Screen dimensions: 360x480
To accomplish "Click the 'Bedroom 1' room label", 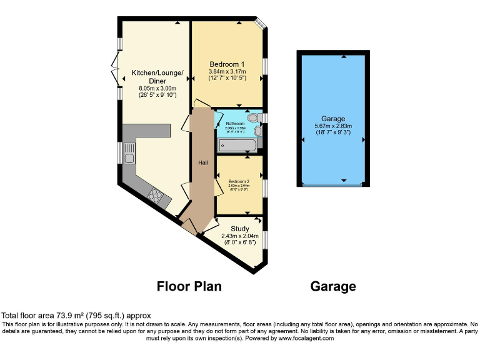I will click(226, 64).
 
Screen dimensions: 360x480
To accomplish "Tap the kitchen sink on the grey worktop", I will click(129, 153).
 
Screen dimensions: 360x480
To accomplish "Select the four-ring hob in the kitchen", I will click(155, 196).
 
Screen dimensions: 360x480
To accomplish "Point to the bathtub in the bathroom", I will click(236, 146).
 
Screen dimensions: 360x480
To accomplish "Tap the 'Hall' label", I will click(203, 162).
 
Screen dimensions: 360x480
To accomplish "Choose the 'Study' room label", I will click(239, 228).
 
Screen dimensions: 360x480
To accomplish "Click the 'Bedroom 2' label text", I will click(239, 181).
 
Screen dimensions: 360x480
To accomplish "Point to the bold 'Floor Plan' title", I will click(189, 286).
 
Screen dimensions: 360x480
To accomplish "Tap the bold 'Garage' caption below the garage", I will click(333, 286).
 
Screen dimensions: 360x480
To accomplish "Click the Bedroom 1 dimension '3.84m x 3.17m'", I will click(226, 71).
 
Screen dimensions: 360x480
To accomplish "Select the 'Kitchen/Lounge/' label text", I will click(157, 74).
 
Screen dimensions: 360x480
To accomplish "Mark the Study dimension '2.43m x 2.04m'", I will click(239, 236).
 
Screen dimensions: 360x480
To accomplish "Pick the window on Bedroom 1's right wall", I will click(265, 66).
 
